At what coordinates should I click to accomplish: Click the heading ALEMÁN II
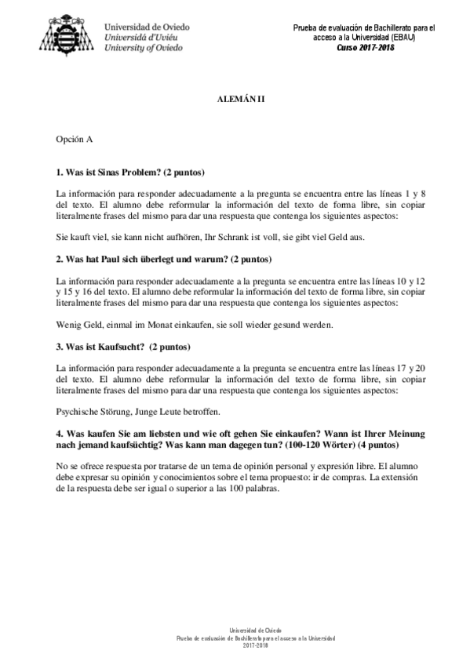pyautogui.click(x=241, y=101)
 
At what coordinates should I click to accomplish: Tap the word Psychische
pyautogui.click(x=78, y=410)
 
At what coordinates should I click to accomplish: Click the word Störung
pyautogui.click(x=119, y=410)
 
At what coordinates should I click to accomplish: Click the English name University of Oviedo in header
pyautogui.click(x=144, y=47)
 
